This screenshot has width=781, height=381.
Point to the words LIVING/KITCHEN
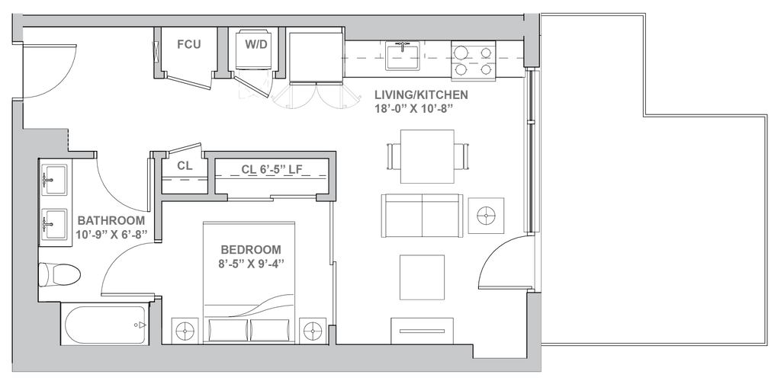pyautogui.click(x=421, y=95)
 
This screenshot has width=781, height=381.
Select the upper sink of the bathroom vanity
pyautogui.click(x=53, y=178)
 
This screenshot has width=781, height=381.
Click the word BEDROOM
pyautogui.click(x=250, y=249)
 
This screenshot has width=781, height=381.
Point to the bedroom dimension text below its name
pyautogui.click(x=250, y=263)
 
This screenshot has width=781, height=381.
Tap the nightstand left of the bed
pyautogui.click(x=184, y=331)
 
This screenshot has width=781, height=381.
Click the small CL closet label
pyautogui.click(x=182, y=165)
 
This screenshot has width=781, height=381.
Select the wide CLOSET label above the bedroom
pyautogui.click(x=272, y=168)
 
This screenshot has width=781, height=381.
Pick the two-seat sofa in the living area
pyautogui.click(x=421, y=215)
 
